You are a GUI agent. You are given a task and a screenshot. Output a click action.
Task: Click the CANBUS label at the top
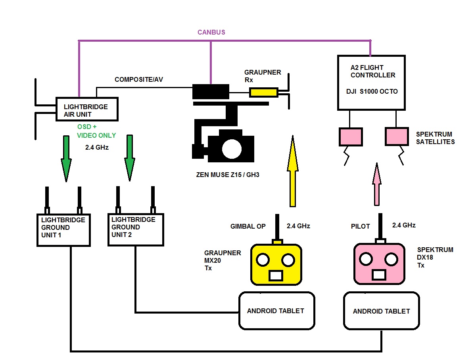[211, 32]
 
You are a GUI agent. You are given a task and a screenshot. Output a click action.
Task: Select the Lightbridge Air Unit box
[87, 109]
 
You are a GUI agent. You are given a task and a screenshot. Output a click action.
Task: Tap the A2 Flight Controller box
[371, 83]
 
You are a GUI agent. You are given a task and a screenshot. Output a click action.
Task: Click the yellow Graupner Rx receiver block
[263, 93]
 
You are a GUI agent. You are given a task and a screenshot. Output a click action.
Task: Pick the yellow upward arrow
[293, 171]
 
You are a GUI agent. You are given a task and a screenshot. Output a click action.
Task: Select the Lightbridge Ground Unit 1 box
[63, 230]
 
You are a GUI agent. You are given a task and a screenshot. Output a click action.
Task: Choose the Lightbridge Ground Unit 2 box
[135, 229]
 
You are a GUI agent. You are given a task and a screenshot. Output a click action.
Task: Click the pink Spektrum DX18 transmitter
[380, 264]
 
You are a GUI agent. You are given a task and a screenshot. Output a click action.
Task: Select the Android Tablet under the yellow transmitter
[276, 311]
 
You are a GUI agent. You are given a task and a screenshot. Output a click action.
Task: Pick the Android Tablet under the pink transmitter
[381, 311]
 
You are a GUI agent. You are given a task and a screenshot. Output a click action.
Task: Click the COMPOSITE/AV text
[139, 80]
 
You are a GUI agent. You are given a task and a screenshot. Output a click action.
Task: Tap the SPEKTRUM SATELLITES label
[435, 138]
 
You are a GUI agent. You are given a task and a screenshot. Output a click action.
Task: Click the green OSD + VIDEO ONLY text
[96, 131]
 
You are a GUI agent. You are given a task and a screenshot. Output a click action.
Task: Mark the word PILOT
[360, 226]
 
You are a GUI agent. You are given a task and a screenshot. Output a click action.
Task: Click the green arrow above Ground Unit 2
[129, 158]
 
